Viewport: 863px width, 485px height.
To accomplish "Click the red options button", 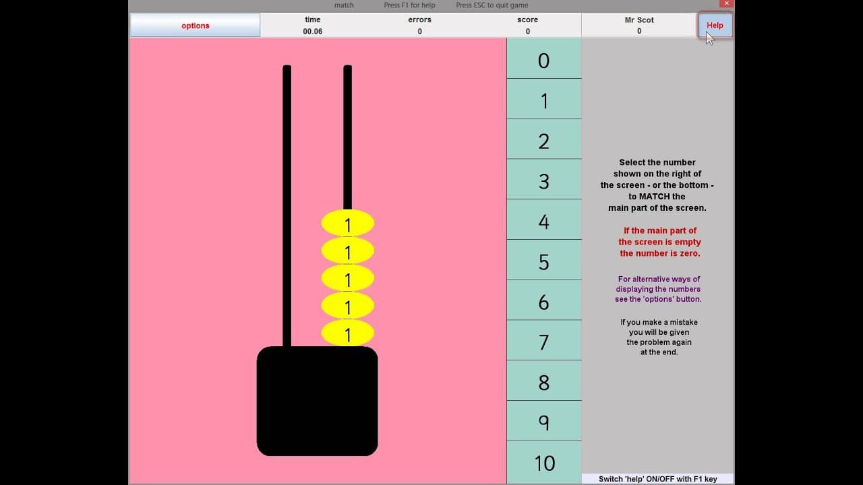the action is click(x=195, y=26).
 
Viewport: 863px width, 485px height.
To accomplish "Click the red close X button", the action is click(x=726, y=3).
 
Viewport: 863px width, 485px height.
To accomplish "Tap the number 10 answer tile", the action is click(x=543, y=462).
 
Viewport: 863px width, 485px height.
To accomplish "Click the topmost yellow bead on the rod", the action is click(x=347, y=223).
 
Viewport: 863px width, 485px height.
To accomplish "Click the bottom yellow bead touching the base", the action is click(x=347, y=333).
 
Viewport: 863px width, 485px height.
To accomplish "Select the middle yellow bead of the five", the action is click(x=347, y=278).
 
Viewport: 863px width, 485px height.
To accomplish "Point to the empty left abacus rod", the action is click(x=287, y=206).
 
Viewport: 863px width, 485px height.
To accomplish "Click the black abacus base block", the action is click(x=317, y=401).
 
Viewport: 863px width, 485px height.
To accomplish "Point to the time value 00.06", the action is click(x=312, y=32).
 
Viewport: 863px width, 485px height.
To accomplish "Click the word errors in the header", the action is click(x=419, y=20).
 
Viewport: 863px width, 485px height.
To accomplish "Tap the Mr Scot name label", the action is click(x=639, y=20).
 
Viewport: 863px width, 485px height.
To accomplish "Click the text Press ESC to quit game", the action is click(x=492, y=5).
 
